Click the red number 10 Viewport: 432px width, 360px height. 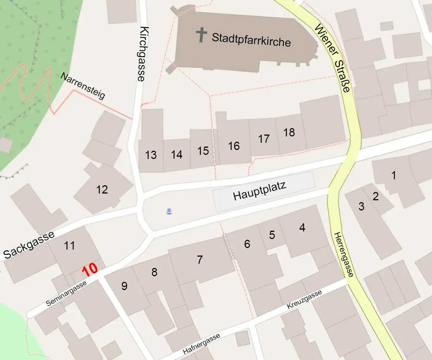90,270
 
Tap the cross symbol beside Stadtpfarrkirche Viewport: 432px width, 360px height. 202,35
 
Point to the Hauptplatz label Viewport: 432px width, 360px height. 260,191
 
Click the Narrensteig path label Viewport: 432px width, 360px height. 83,86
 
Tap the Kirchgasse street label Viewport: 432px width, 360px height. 142,54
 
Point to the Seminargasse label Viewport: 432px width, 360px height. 66,294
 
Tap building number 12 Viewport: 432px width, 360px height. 102,189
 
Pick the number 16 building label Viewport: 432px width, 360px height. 234,145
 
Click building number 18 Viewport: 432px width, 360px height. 289,132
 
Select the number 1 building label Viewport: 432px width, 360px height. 394,175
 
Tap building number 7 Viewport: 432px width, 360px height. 200,259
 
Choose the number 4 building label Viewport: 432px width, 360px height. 302,227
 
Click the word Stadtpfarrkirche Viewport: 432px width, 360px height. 251,39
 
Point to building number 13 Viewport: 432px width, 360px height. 151,155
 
